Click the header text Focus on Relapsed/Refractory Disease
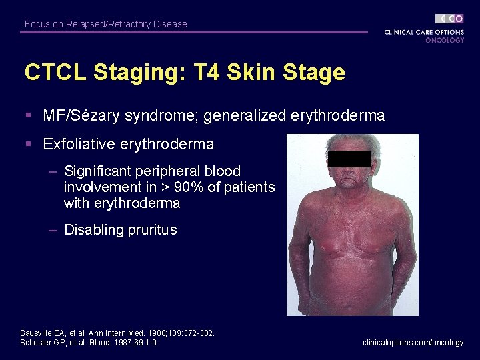[105, 24]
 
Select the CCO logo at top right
[450, 19]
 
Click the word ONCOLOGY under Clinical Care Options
[445, 40]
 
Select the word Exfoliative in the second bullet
[81, 144]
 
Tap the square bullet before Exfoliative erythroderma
[29, 144]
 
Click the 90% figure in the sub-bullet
[191, 187]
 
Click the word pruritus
[153, 230]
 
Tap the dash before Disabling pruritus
[53, 230]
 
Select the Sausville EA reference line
[117, 333]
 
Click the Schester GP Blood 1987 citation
[89, 342]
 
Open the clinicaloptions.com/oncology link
[413, 342]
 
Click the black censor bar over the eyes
[349, 159]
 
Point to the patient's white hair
[349, 143]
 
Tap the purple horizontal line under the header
[193, 32]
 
